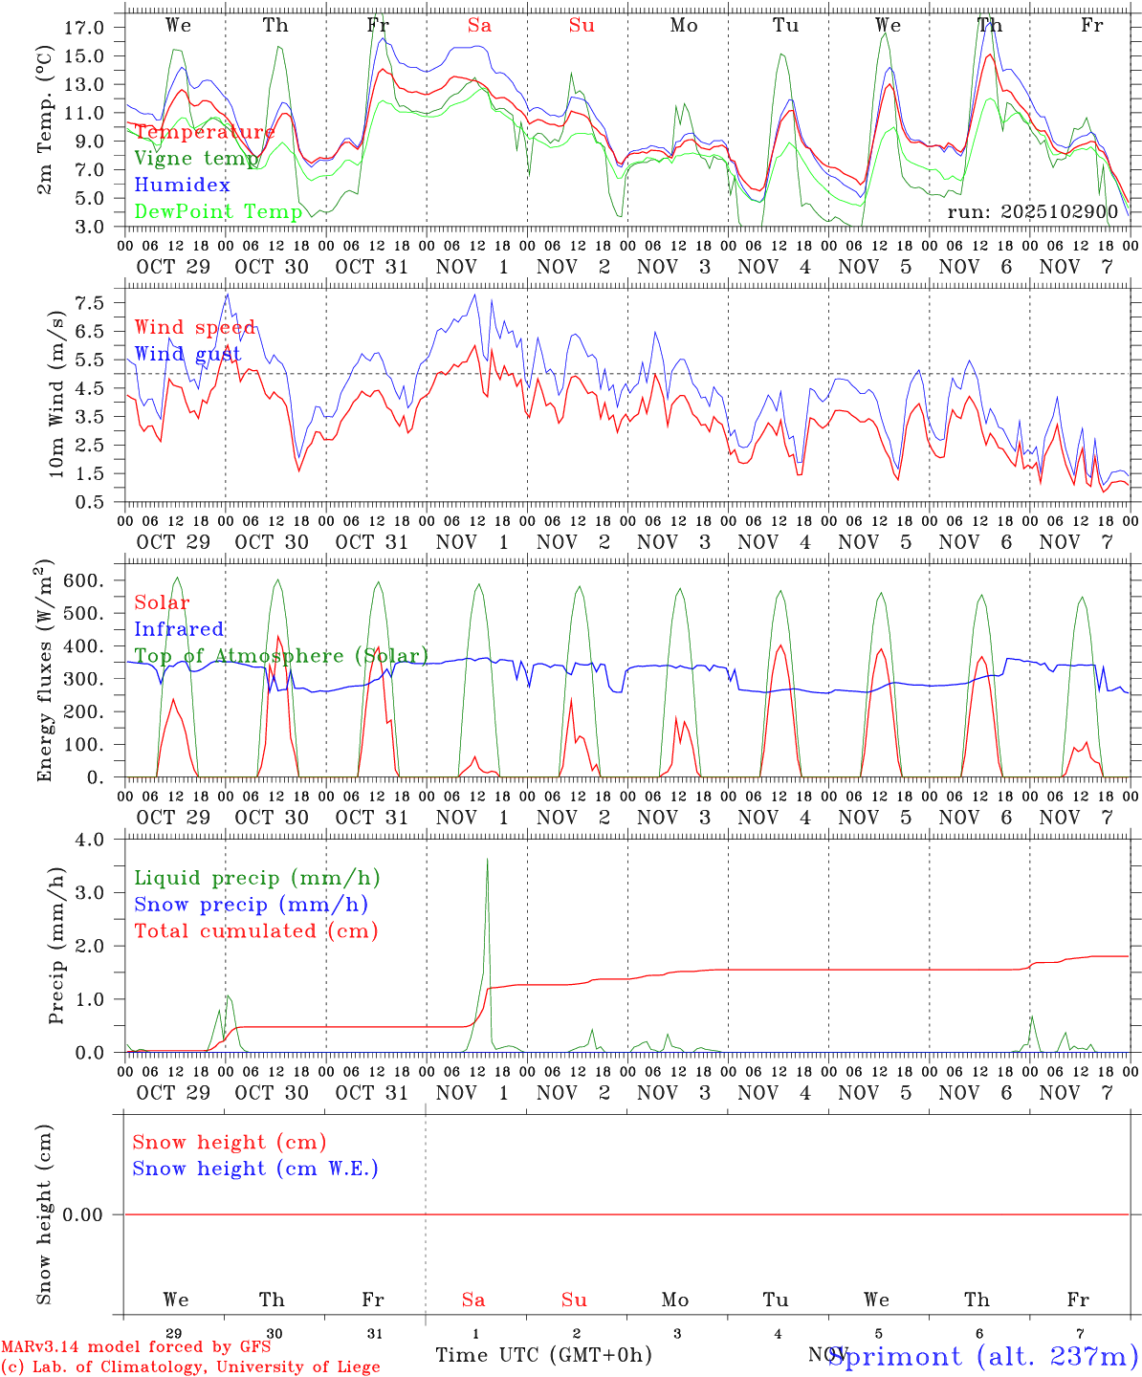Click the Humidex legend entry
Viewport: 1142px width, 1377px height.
182,185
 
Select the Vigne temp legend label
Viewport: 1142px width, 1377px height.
196,158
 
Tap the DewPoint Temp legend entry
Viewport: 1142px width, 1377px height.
218,211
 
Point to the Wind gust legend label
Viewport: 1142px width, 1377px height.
187,354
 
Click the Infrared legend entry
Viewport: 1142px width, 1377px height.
179,629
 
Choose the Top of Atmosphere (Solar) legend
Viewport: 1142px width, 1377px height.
281,656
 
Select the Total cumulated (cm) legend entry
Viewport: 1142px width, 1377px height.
255,930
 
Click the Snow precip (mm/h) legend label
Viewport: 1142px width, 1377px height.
251,904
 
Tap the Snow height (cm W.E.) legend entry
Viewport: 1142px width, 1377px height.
254,1169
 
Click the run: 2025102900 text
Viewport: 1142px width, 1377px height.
1032,211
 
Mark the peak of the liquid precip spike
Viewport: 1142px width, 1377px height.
487,859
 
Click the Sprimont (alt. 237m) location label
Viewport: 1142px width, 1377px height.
983,1356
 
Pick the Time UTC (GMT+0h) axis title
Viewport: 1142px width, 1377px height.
543,1355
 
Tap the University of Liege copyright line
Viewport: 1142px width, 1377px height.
190,1366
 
